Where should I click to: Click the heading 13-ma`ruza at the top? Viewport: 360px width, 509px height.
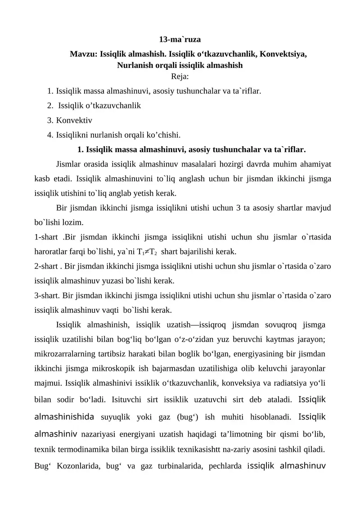[x=180, y=39]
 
